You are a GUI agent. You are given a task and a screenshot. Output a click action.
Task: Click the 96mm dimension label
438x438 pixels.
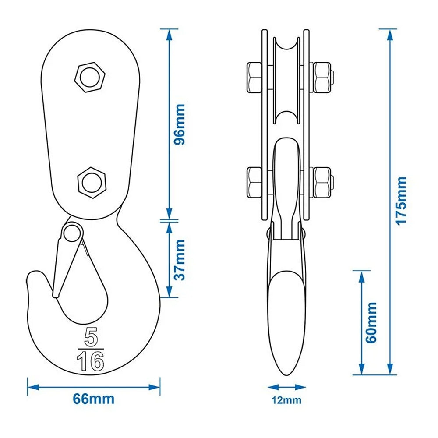coord(179,124)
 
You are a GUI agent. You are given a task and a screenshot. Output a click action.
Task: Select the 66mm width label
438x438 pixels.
coord(94,399)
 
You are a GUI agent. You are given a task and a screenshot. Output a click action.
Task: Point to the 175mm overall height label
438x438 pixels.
coord(401,201)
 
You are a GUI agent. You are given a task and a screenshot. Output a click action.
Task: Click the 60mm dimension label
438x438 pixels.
coord(371,322)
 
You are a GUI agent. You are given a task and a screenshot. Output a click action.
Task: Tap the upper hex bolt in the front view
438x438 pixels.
coord(91,77)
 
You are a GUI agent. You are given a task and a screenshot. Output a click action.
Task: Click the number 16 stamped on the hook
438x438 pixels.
coord(90,362)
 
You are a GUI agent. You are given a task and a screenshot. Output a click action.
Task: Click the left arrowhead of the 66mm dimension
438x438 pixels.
coord(31,387)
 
